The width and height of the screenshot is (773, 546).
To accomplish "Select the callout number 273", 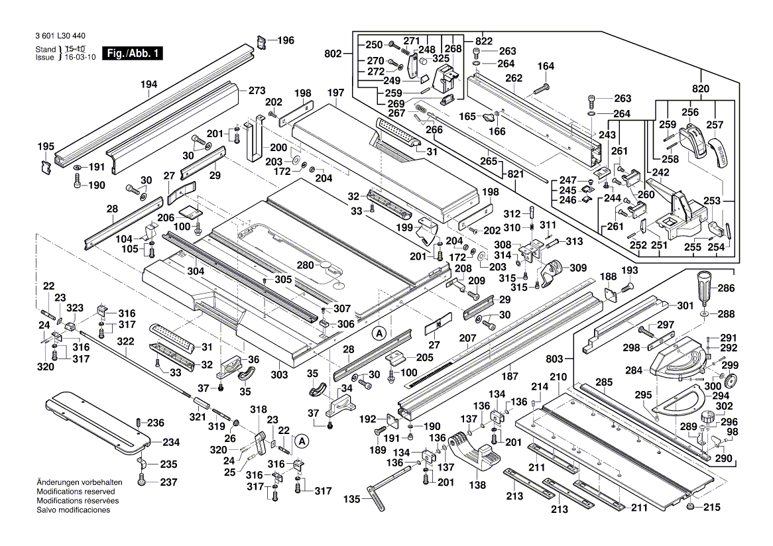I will coord(257,90).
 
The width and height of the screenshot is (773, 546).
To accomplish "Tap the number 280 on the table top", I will coord(305,265).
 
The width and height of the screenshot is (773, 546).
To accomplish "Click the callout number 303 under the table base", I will coord(279,375).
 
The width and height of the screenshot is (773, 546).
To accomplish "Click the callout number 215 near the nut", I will coord(711,508).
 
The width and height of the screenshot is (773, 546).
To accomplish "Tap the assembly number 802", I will coord(333,54).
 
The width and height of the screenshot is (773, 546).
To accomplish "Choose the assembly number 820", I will coord(701,89).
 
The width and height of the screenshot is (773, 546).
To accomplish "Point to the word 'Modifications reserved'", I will coord(76,492).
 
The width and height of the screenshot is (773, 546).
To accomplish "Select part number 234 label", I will coord(171,442).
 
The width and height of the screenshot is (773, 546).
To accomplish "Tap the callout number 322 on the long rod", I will coord(125,341).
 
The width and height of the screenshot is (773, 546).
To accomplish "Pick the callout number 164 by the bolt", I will coord(546,66).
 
